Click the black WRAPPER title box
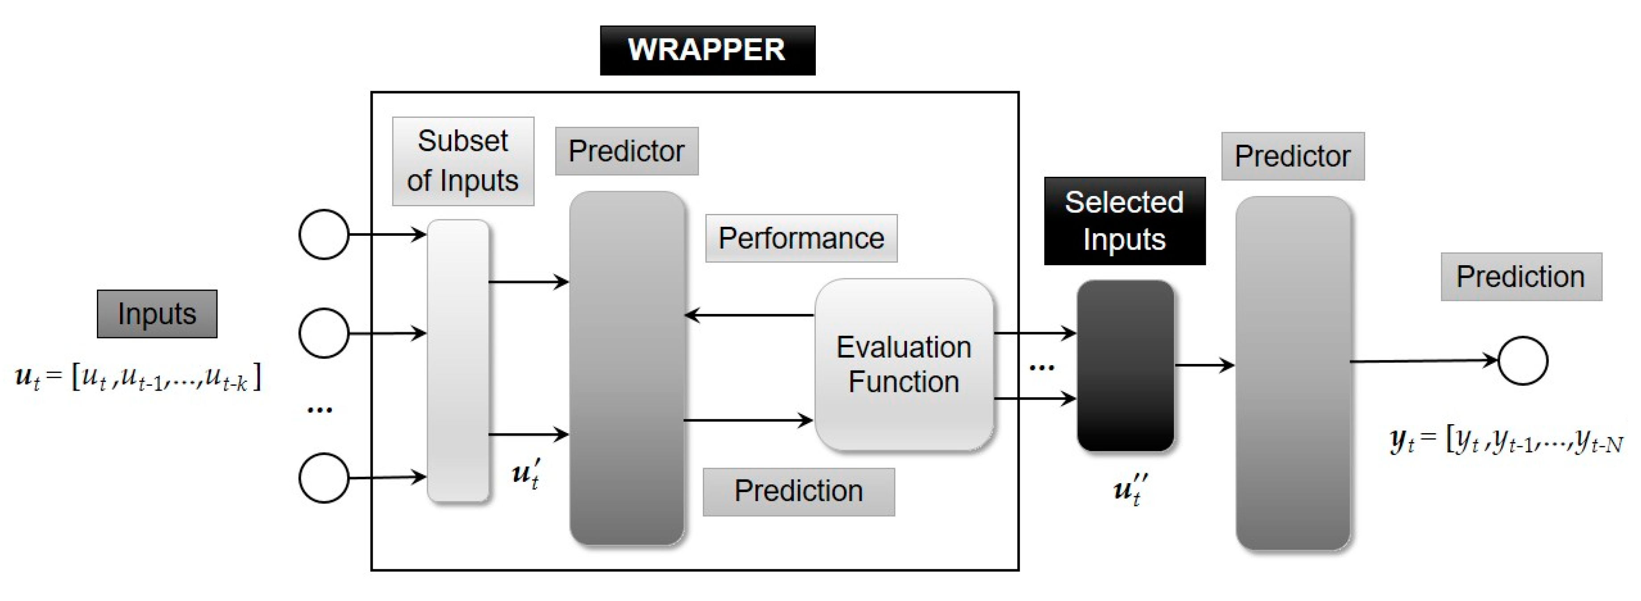click(x=707, y=50)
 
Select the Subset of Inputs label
click(x=463, y=161)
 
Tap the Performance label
click(x=801, y=238)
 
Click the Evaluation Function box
click(x=904, y=364)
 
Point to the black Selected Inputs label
click(x=1124, y=221)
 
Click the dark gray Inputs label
click(x=157, y=313)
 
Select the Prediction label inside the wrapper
click(x=798, y=491)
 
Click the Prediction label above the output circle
click(x=1521, y=276)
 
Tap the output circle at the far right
click(x=1523, y=361)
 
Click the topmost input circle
click(x=324, y=234)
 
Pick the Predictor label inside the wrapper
click(x=626, y=151)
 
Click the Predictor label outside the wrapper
click(x=1292, y=156)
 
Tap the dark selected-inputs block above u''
click(x=1126, y=365)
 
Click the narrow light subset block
click(x=458, y=361)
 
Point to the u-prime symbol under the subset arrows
click(x=526, y=474)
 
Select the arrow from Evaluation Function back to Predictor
click(x=749, y=315)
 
